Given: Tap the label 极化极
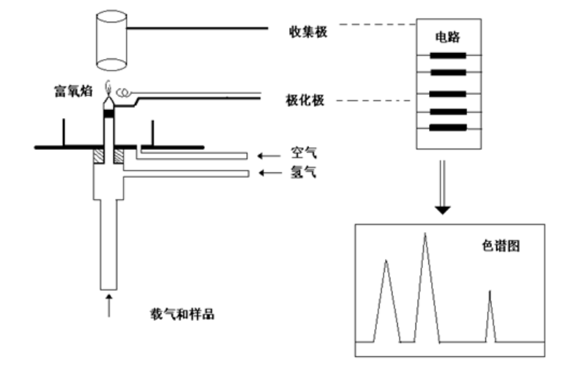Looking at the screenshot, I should [x=306, y=102].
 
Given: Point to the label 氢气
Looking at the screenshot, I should [x=303, y=173].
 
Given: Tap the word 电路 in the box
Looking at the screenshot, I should [x=447, y=39].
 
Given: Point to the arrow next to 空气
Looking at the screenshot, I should [x=270, y=157].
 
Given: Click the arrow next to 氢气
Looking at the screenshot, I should [x=270, y=174].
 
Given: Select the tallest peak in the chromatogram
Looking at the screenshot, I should [x=425, y=237].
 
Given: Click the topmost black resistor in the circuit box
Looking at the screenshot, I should [x=448, y=56].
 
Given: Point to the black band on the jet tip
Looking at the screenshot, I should [x=108, y=113].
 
